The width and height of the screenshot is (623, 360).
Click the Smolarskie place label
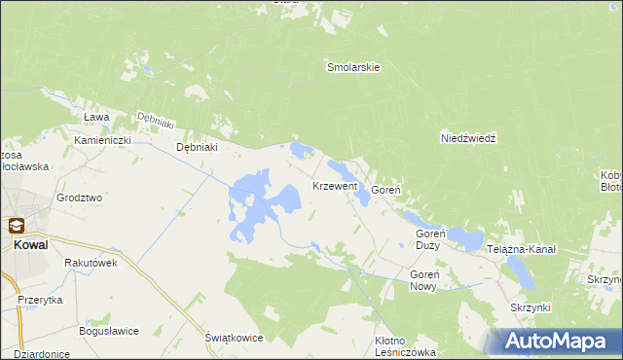[x=352, y=68]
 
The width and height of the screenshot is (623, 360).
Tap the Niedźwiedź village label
[x=469, y=138]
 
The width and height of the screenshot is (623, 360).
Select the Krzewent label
[x=335, y=185]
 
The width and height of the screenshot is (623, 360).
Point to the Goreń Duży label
[x=430, y=239]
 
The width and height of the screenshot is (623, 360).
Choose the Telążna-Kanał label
[x=522, y=249]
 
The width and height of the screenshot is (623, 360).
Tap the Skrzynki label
[x=531, y=307]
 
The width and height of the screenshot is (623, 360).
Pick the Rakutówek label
[x=91, y=263]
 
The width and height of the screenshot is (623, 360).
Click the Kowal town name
[x=32, y=245]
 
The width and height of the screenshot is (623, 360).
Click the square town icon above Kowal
[x=17, y=226]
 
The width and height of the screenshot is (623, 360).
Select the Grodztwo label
[x=80, y=197]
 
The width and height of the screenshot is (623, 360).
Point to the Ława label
[x=95, y=117]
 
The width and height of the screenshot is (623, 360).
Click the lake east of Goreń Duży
[x=465, y=238]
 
